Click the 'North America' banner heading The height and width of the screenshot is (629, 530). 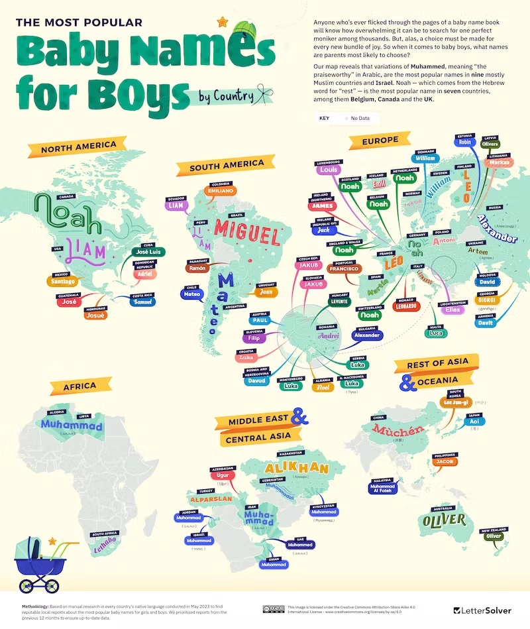[78, 146]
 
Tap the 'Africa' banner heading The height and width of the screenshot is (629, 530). [80, 386]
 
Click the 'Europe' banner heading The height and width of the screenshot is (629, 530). [380, 141]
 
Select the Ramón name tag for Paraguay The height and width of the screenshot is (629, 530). [197, 268]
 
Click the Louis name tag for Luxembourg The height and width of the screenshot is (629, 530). [328, 170]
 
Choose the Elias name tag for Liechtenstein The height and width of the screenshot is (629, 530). [453, 310]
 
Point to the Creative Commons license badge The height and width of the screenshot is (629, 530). [274, 609]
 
